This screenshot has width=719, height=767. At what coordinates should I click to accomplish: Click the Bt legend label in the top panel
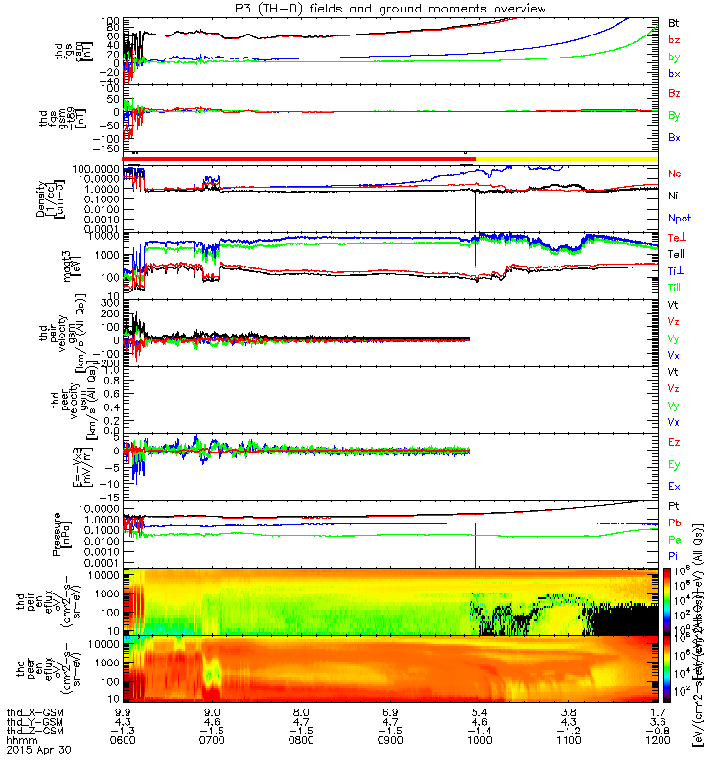[x=675, y=21]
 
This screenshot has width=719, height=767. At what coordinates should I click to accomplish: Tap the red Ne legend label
[x=675, y=174]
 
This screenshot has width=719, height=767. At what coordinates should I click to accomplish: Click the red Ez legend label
[x=675, y=442]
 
